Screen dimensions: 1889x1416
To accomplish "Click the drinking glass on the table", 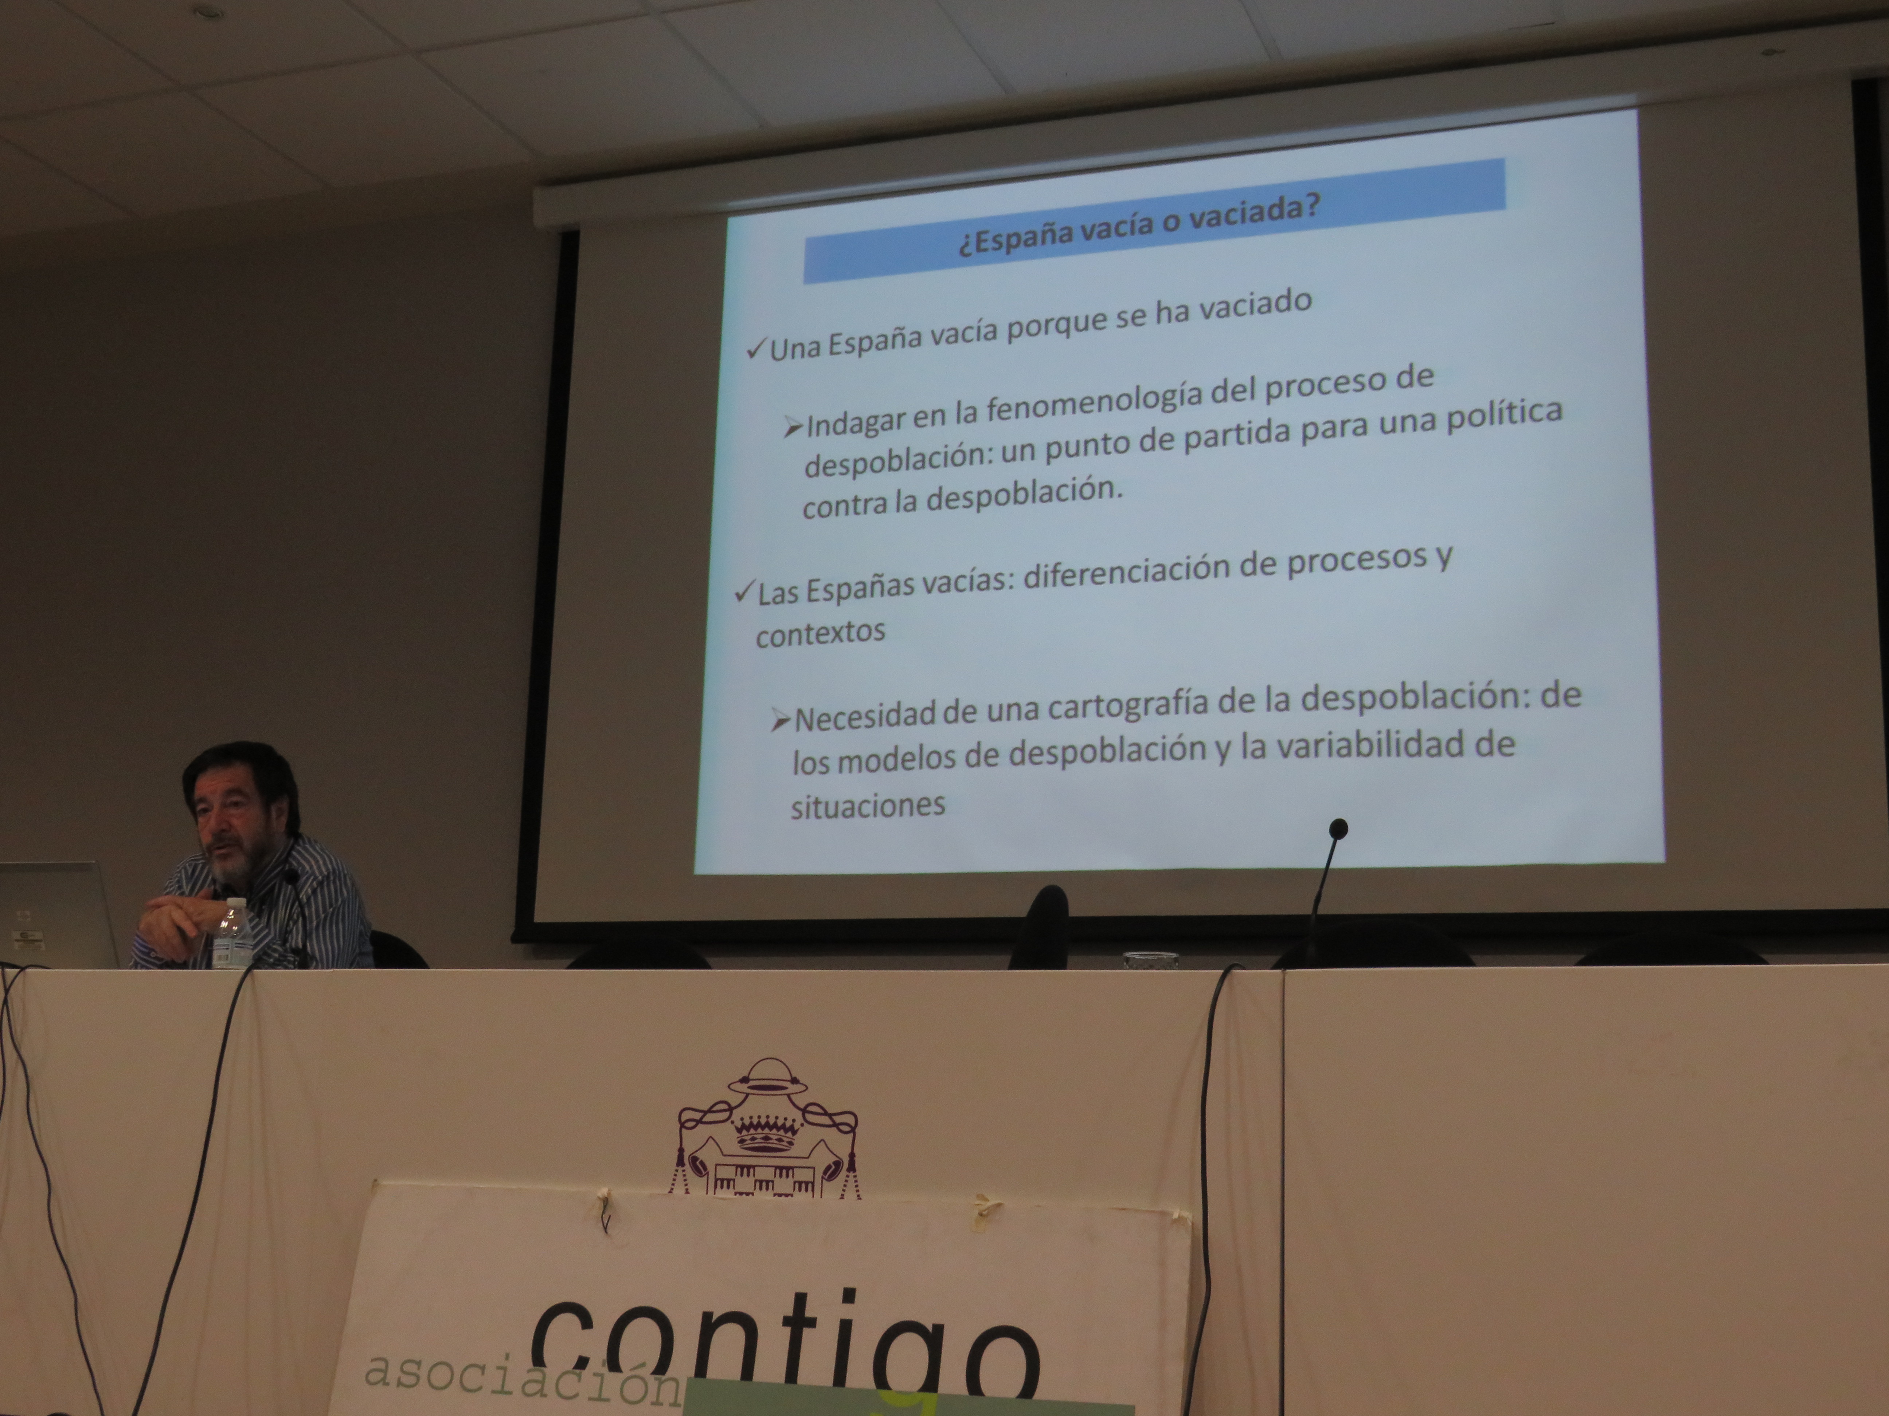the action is click(x=1150, y=959).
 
